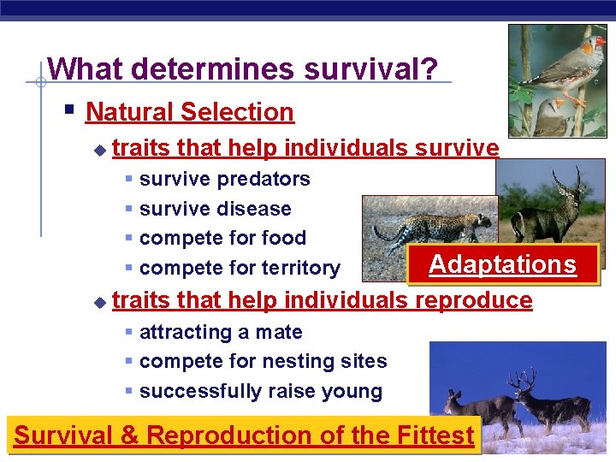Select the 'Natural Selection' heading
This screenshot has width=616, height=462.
coord(189,112)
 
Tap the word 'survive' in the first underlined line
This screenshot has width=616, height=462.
coord(457,148)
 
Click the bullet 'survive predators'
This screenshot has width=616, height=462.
coord(224,179)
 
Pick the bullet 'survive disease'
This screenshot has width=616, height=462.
coord(215,209)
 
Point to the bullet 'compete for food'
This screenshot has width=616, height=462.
coord(222,238)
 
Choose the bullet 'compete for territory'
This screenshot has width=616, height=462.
coord(240,268)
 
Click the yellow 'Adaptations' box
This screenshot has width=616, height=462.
coord(502,264)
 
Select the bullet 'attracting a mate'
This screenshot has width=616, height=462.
coord(221,332)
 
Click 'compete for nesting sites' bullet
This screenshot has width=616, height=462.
coord(263,361)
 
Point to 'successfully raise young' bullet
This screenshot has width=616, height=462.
coord(260,391)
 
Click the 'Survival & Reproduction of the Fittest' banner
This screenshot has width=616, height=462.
coord(244,435)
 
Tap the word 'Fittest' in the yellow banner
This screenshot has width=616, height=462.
coord(435,435)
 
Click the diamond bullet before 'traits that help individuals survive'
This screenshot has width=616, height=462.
coord(99,150)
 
